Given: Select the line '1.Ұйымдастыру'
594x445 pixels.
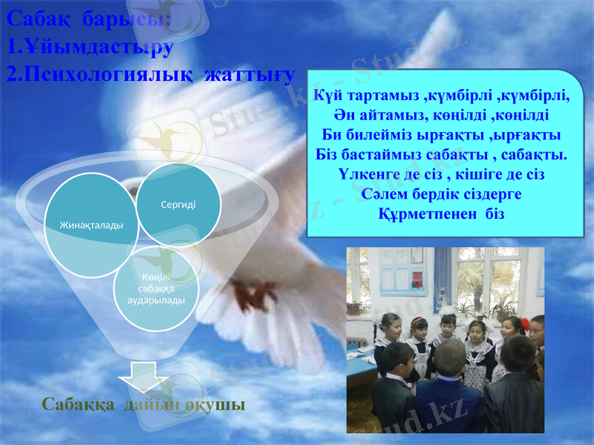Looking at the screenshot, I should click(x=90, y=47).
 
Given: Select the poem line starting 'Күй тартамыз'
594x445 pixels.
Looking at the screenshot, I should click(x=442, y=96).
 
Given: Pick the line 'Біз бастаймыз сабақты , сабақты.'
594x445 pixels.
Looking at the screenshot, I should click(x=442, y=155).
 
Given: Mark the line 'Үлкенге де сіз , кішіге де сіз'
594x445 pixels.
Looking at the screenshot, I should click(x=442, y=175).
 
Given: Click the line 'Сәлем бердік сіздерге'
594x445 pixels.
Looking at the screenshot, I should click(x=442, y=194).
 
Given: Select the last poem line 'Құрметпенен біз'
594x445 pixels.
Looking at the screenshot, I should click(x=442, y=214).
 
